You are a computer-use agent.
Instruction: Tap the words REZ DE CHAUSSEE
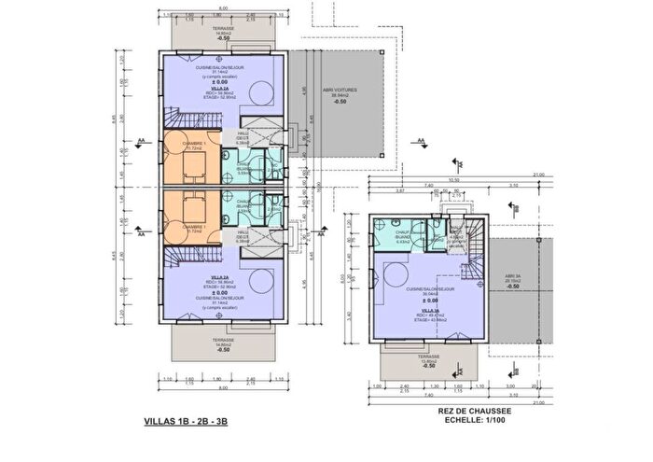tap(464, 410)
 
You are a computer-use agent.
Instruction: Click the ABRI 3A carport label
tap(512, 276)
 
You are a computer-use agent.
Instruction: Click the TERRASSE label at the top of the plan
tap(222, 29)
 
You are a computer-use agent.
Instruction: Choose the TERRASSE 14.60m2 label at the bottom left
tap(222, 342)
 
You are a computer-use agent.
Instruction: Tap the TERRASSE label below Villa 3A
tap(428, 357)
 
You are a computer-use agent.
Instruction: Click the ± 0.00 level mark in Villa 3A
tap(430, 301)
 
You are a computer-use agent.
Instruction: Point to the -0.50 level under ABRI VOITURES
tap(342, 105)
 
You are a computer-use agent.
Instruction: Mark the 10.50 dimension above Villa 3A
tap(455, 181)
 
